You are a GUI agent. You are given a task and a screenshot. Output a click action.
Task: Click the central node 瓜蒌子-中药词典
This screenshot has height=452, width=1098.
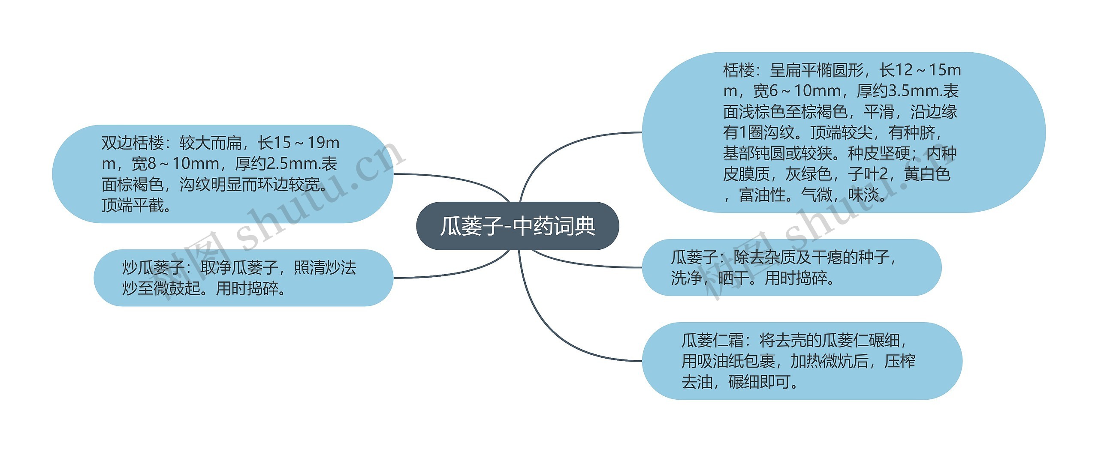pyautogui.click(x=517, y=226)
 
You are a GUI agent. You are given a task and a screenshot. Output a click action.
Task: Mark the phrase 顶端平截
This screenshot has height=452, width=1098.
pyautogui.click(x=133, y=206)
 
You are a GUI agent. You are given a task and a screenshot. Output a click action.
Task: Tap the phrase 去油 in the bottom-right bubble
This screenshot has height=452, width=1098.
pyautogui.click(x=697, y=382)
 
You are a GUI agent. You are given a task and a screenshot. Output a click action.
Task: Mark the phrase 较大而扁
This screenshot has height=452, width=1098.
pyautogui.click(x=211, y=143)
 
